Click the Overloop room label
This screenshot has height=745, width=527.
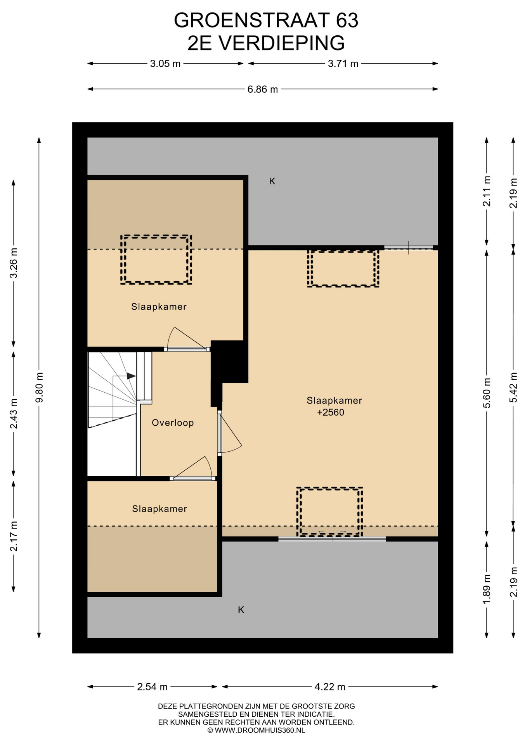click(173, 423)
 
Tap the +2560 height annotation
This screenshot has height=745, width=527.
click(331, 412)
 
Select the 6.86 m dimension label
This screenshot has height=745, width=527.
click(263, 89)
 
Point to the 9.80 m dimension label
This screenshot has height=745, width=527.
click(39, 388)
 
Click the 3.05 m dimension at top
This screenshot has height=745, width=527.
click(165, 64)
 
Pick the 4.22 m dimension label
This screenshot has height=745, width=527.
click(330, 687)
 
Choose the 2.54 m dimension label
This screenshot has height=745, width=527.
click(152, 687)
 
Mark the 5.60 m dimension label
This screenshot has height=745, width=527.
click(487, 393)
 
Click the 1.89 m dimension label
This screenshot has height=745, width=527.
click(487, 589)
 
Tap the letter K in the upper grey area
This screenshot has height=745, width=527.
click(272, 181)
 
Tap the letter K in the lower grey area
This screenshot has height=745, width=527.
click(241, 610)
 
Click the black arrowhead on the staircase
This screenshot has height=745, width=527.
click(131, 376)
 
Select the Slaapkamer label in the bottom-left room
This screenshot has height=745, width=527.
click(159, 509)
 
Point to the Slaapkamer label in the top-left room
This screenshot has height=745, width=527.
click(159, 307)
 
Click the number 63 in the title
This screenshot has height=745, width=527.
click(347, 21)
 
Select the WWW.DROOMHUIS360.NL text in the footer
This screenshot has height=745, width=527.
click(260, 730)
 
